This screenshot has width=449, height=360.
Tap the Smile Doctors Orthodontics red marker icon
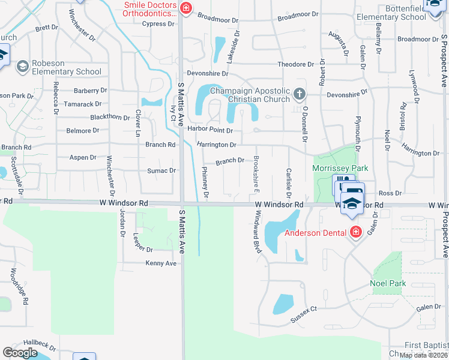187,8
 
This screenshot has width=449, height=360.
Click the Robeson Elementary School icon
23,65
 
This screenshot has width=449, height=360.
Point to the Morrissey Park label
340,169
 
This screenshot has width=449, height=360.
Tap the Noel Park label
388,283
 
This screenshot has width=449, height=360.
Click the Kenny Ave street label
161,263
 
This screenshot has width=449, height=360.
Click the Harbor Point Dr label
209,130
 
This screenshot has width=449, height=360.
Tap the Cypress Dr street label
158,24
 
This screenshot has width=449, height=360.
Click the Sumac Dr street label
161,170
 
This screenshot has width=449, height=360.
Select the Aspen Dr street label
83,157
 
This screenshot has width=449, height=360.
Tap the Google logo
20,353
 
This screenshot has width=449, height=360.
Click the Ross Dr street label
390,193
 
